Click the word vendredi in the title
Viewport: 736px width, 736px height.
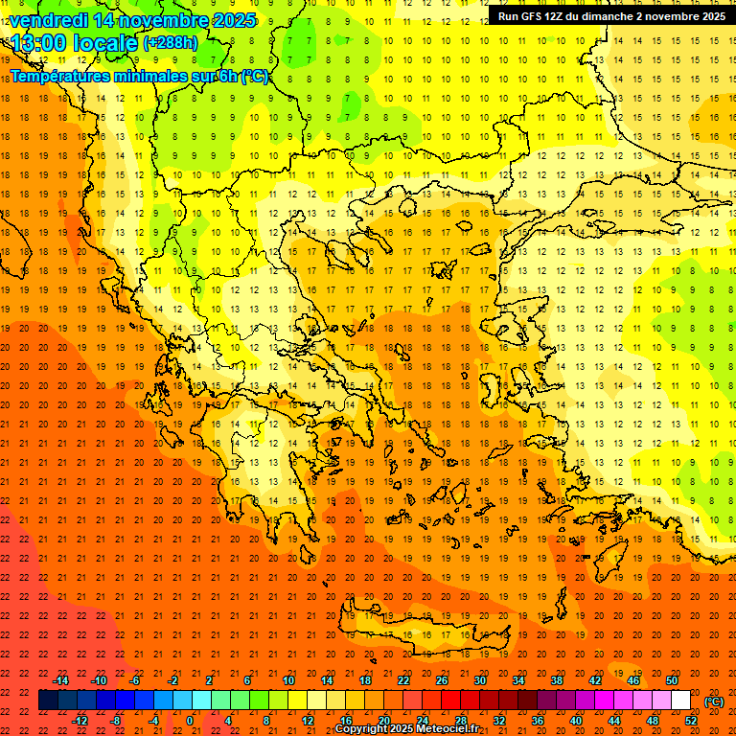(49, 20)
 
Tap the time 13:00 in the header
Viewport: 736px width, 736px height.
(37, 44)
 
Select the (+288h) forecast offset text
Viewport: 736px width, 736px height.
(171, 43)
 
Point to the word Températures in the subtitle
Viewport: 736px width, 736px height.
(57, 76)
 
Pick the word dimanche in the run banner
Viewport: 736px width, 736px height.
(627, 16)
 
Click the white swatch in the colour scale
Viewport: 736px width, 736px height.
(680, 701)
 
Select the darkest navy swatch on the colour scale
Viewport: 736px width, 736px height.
(49, 701)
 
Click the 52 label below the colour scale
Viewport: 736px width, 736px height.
(691, 721)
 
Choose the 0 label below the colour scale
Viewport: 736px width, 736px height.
(190, 721)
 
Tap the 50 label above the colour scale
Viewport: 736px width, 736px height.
(672, 680)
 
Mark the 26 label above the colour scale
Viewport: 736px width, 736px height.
(442, 680)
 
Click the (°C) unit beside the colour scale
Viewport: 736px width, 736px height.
(714, 701)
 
